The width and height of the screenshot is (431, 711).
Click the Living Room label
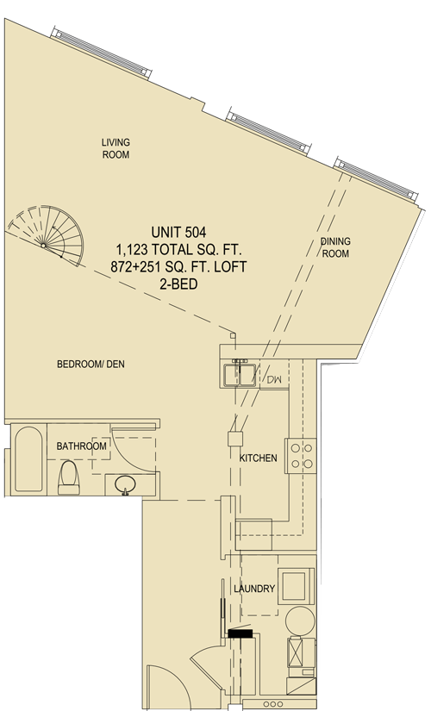pos(116,149)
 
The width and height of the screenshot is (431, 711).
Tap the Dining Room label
pos(335,247)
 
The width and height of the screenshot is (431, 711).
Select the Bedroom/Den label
pos(91,364)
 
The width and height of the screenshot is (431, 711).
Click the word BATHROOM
pos(81,446)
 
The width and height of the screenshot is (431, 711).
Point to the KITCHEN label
pos(258,458)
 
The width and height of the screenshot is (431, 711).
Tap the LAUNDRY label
pos(254,589)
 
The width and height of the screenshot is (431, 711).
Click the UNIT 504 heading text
pos(178,233)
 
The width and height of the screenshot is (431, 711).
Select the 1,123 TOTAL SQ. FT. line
pos(178,250)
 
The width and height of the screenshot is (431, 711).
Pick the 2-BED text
pos(178,284)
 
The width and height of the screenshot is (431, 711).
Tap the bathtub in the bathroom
pos(28,458)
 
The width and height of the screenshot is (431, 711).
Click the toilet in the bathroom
pos(69,477)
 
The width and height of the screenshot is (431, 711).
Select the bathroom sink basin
pos(125,484)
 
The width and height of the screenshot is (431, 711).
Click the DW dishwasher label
pos(274,379)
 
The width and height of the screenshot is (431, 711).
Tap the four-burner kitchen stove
pos(301,456)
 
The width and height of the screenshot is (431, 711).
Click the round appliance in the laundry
pos(300,621)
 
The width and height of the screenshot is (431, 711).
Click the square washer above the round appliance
pos(296,586)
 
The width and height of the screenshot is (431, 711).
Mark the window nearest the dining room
pos(376,179)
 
